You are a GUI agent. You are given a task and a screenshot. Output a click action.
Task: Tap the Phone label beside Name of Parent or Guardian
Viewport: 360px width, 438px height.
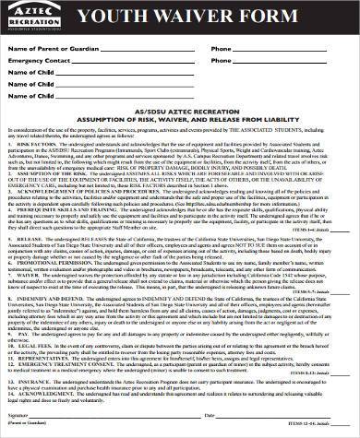pos(221,48)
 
